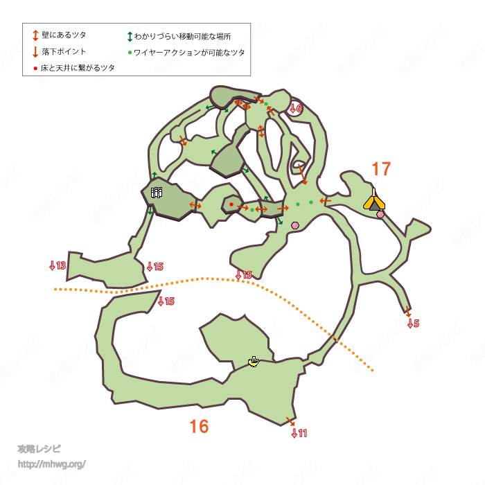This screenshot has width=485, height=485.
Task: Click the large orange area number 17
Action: click(x=381, y=168)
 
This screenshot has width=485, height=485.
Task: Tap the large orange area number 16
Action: click(x=199, y=427)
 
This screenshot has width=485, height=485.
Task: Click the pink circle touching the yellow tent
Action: click(x=380, y=215)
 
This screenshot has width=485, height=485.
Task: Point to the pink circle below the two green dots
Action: click(x=295, y=225)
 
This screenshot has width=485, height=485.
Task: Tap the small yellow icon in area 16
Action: click(x=254, y=362)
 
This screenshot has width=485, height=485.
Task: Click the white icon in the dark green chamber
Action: click(x=157, y=193)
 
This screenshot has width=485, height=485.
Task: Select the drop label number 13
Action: click(x=58, y=265)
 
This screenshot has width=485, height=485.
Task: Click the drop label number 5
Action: click(x=413, y=324)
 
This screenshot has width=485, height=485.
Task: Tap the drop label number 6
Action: click(x=296, y=108)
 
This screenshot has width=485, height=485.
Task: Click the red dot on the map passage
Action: click(x=231, y=204)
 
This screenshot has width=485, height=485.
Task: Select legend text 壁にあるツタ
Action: click(x=64, y=35)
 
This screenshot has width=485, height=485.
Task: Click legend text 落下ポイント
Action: click(x=64, y=52)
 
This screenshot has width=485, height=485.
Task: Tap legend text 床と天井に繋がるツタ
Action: click(x=78, y=68)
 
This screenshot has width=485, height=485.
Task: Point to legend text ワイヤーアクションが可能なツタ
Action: click(x=189, y=52)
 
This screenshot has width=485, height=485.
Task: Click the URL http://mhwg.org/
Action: click(x=51, y=464)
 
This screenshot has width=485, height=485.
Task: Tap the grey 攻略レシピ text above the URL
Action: click(x=39, y=449)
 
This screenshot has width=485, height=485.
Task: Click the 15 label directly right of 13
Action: click(x=155, y=267)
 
